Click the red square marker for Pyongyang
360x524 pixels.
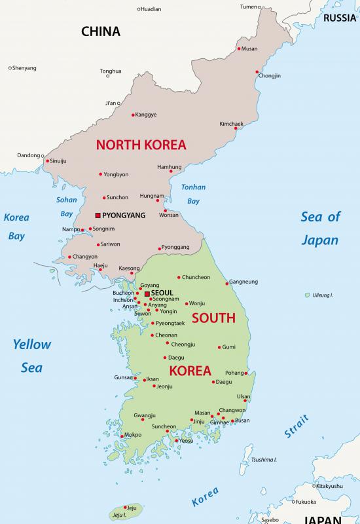point(98,215)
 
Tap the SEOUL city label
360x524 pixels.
point(162,293)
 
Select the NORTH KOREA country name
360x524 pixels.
point(141,145)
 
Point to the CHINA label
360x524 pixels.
point(100,31)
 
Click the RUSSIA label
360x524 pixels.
point(340,18)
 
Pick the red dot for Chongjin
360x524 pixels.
point(257,71)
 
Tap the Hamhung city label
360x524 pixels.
point(170,167)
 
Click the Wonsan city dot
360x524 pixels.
point(166,210)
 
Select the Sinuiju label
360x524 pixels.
point(58,160)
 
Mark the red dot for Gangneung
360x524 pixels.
point(227,283)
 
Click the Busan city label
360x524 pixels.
point(242,421)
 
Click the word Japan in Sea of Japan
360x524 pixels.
point(319,240)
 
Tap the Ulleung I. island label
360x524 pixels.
point(323,295)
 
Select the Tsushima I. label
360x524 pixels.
point(264,459)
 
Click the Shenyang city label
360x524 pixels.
point(24,68)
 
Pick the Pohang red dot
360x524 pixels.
point(246,373)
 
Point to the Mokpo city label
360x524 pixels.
point(133,434)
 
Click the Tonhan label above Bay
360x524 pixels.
point(193,187)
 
